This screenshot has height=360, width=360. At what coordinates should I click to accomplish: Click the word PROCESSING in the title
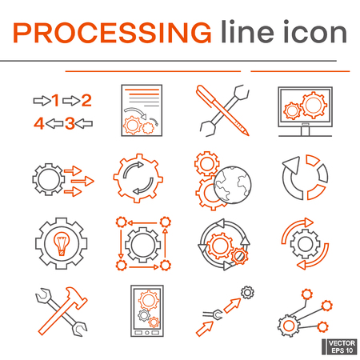click(x=114, y=33)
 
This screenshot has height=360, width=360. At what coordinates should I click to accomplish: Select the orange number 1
click(x=56, y=101)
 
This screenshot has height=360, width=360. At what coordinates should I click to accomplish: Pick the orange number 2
click(x=86, y=101)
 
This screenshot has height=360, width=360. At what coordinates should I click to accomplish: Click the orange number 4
click(x=38, y=123)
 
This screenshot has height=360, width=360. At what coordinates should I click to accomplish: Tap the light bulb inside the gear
click(x=56, y=242)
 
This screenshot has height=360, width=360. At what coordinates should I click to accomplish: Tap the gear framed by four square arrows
click(x=141, y=242)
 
